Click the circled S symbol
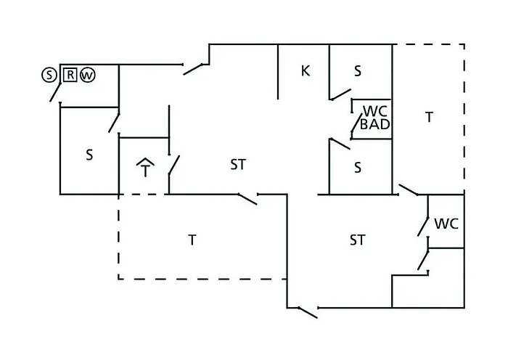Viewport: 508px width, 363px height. click(x=49, y=75)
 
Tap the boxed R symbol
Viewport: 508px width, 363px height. click(x=70, y=75)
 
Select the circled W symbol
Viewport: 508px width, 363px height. click(x=88, y=76)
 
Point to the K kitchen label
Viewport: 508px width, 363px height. click(x=306, y=70)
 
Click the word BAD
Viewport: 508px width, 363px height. click(x=375, y=124)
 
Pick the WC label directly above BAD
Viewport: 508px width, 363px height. click(x=375, y=111)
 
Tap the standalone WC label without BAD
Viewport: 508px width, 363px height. click(x=446, y=224)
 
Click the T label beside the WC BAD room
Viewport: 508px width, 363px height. click(x=430, y=117)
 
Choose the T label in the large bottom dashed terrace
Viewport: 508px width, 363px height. click(x=192, y=240)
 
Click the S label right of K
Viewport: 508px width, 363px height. click(x=358, y=70)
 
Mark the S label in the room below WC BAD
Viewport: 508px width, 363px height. click(x=358, y=168)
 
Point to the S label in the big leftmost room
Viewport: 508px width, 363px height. click(x=89, y=155)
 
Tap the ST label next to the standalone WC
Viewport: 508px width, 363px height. click(x=357, y=240)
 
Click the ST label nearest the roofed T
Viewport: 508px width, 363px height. click(x=238, y=165)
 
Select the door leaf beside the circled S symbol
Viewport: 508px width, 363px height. click(x=55, y=92)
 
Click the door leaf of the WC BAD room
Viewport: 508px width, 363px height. click(x=357, y=123)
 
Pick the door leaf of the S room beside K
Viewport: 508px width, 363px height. click(x=341, y=94)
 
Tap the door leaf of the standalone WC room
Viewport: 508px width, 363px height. click(x=423, y=227)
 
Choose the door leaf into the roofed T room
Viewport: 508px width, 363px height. click(x=174, y=166)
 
